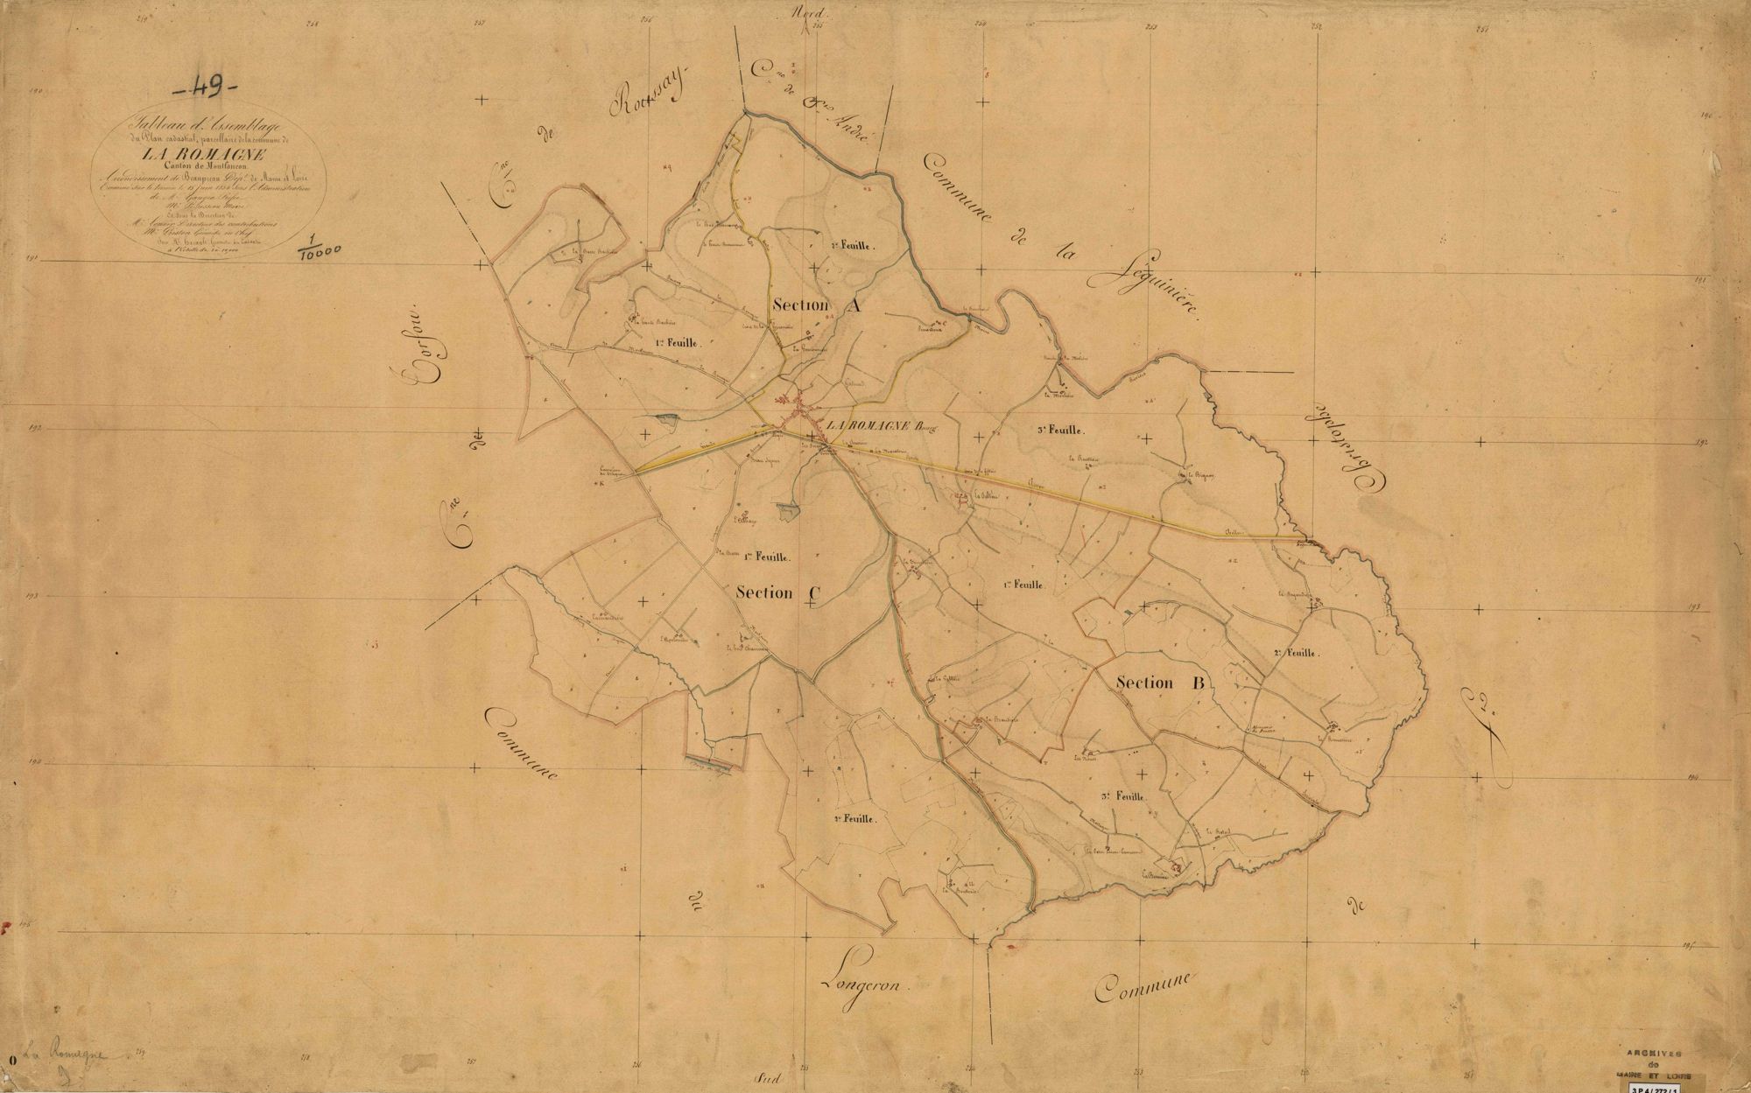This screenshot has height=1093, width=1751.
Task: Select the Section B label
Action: (x=1162, y=683)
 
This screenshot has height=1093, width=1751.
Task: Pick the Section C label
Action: (x=777, y=592)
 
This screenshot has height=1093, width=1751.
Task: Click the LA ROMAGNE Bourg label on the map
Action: (x=882, y=425)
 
